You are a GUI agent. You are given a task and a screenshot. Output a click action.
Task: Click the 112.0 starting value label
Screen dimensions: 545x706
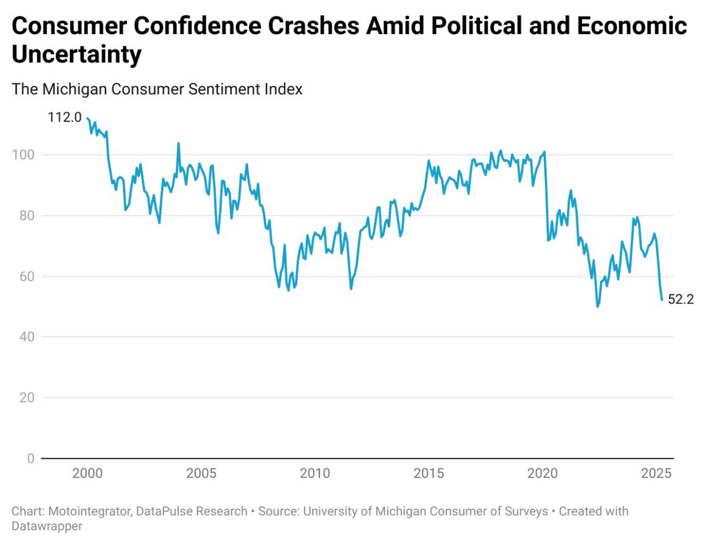64,117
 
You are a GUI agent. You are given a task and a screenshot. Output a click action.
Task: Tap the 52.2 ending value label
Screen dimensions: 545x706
681,300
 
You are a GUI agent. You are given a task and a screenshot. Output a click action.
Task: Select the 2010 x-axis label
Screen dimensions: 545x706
315,474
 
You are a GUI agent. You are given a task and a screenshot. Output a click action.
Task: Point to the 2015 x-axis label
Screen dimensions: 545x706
429,474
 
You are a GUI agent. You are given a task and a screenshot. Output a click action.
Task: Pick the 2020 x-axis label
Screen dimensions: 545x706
543,474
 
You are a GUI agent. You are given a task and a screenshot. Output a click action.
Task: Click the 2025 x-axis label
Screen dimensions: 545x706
656,474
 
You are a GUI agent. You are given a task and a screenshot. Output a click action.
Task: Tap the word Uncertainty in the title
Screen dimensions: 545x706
77,54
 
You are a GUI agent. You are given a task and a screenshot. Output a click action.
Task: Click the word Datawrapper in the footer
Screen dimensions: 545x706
47,526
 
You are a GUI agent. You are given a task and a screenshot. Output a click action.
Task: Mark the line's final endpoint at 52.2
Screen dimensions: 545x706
661,300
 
